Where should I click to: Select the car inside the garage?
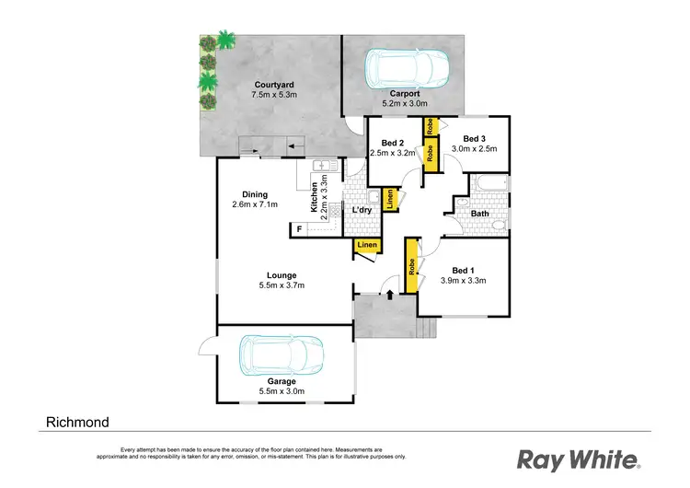click(x=281, y=354)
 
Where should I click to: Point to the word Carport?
click(x=405, y=93)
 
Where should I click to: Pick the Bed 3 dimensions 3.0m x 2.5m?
click(x=473, y=149)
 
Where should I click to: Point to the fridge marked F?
click(x=299, y=228)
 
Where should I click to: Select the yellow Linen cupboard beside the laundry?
click(x=390, y=199)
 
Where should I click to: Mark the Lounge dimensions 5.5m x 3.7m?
click(x=281, y=285)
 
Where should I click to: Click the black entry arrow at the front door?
click(x=390, y=295)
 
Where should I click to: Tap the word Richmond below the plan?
click(x=77, y=423)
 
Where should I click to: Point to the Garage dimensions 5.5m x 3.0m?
click(x=282, y=391)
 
